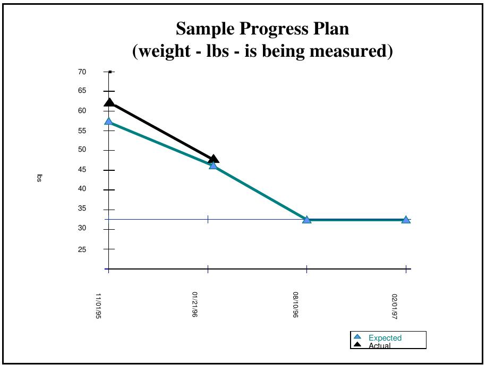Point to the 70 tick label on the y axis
pos(82,72)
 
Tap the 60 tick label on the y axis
pos(82,111)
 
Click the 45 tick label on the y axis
pos(82,170)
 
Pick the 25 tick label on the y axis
pos(82,249)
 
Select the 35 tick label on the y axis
pos(82,208)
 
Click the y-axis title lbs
pos(39,178)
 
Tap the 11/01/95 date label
pos(98,306)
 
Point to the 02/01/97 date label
pos(394,306)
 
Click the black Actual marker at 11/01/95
pos(109,103)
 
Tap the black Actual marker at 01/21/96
pos(214,159)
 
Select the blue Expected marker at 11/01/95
pos(108,121)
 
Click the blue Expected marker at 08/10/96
pos(306,220)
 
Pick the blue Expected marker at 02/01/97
pos(406,220)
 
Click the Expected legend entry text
pos(385,338)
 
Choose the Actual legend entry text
pos(380,346)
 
